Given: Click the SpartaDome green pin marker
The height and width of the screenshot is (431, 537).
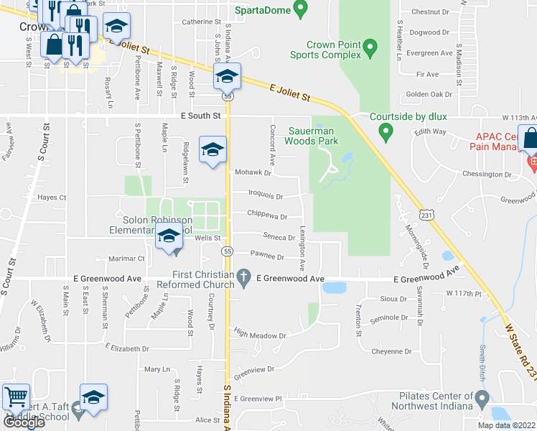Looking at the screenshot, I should point(301,10).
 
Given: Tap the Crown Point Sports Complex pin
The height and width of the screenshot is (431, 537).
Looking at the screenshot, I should point(370,49).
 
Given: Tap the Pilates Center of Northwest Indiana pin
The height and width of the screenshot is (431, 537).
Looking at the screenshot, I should point(482,398).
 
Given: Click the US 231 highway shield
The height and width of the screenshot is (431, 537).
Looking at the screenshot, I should point(426,214).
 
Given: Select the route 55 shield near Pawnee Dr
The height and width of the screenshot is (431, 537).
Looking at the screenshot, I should point(227,251).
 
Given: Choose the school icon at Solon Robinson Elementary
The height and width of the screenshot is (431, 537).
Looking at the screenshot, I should point(169,236).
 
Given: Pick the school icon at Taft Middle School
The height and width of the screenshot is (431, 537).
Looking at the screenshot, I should point(93,397).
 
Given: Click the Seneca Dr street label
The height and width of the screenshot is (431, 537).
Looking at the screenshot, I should point(279,237).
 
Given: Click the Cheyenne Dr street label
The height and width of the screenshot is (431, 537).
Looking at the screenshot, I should point(391,351).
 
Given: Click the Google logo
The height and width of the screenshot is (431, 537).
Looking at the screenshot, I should point(24,422).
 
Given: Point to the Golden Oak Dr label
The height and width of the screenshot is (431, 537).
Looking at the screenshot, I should point(429,94).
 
